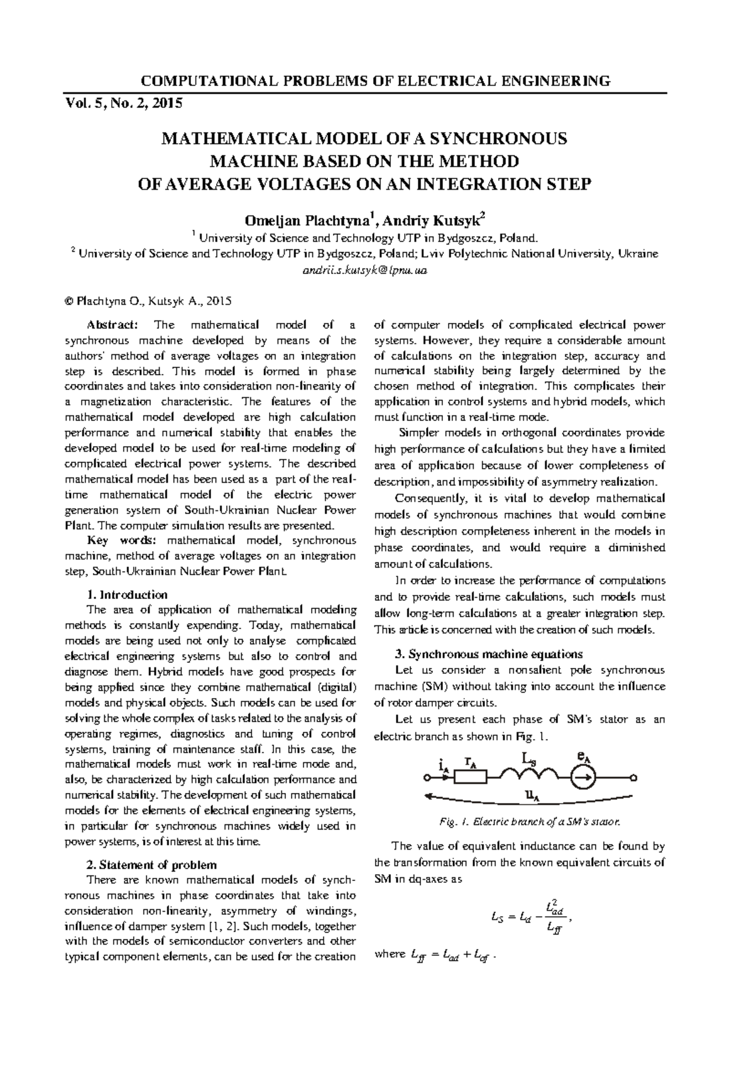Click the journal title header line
pyautogui.click(x=376, y=81)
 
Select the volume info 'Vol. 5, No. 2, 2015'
pyautogui.click(x=124, y=104)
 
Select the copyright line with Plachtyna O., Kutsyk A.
pyautogui.click(x=148, y=301)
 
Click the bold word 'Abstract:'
pyautogui.click(x=111, y=325)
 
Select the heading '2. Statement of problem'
pyautogui.click(x=151, y=865)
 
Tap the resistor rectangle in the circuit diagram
pyautogui.click(x=471, y=778)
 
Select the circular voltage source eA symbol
pyautogui.click(x=582, y=778)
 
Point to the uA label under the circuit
pyautogui.click(x=533, y=797)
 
